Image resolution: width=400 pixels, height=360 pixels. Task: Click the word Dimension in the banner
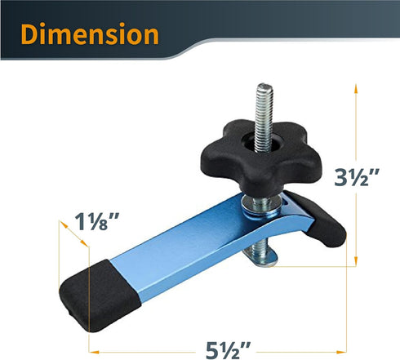coord(90,34)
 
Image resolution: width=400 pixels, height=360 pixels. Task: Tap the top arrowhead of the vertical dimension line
coord(358,84)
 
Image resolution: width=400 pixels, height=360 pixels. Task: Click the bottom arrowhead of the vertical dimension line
coord(358,263)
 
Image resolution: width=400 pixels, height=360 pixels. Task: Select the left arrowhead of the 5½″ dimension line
coord(90,352)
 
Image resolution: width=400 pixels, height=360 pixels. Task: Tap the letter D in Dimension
coord(31,34)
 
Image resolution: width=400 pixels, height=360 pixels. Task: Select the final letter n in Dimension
coord(149,35)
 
